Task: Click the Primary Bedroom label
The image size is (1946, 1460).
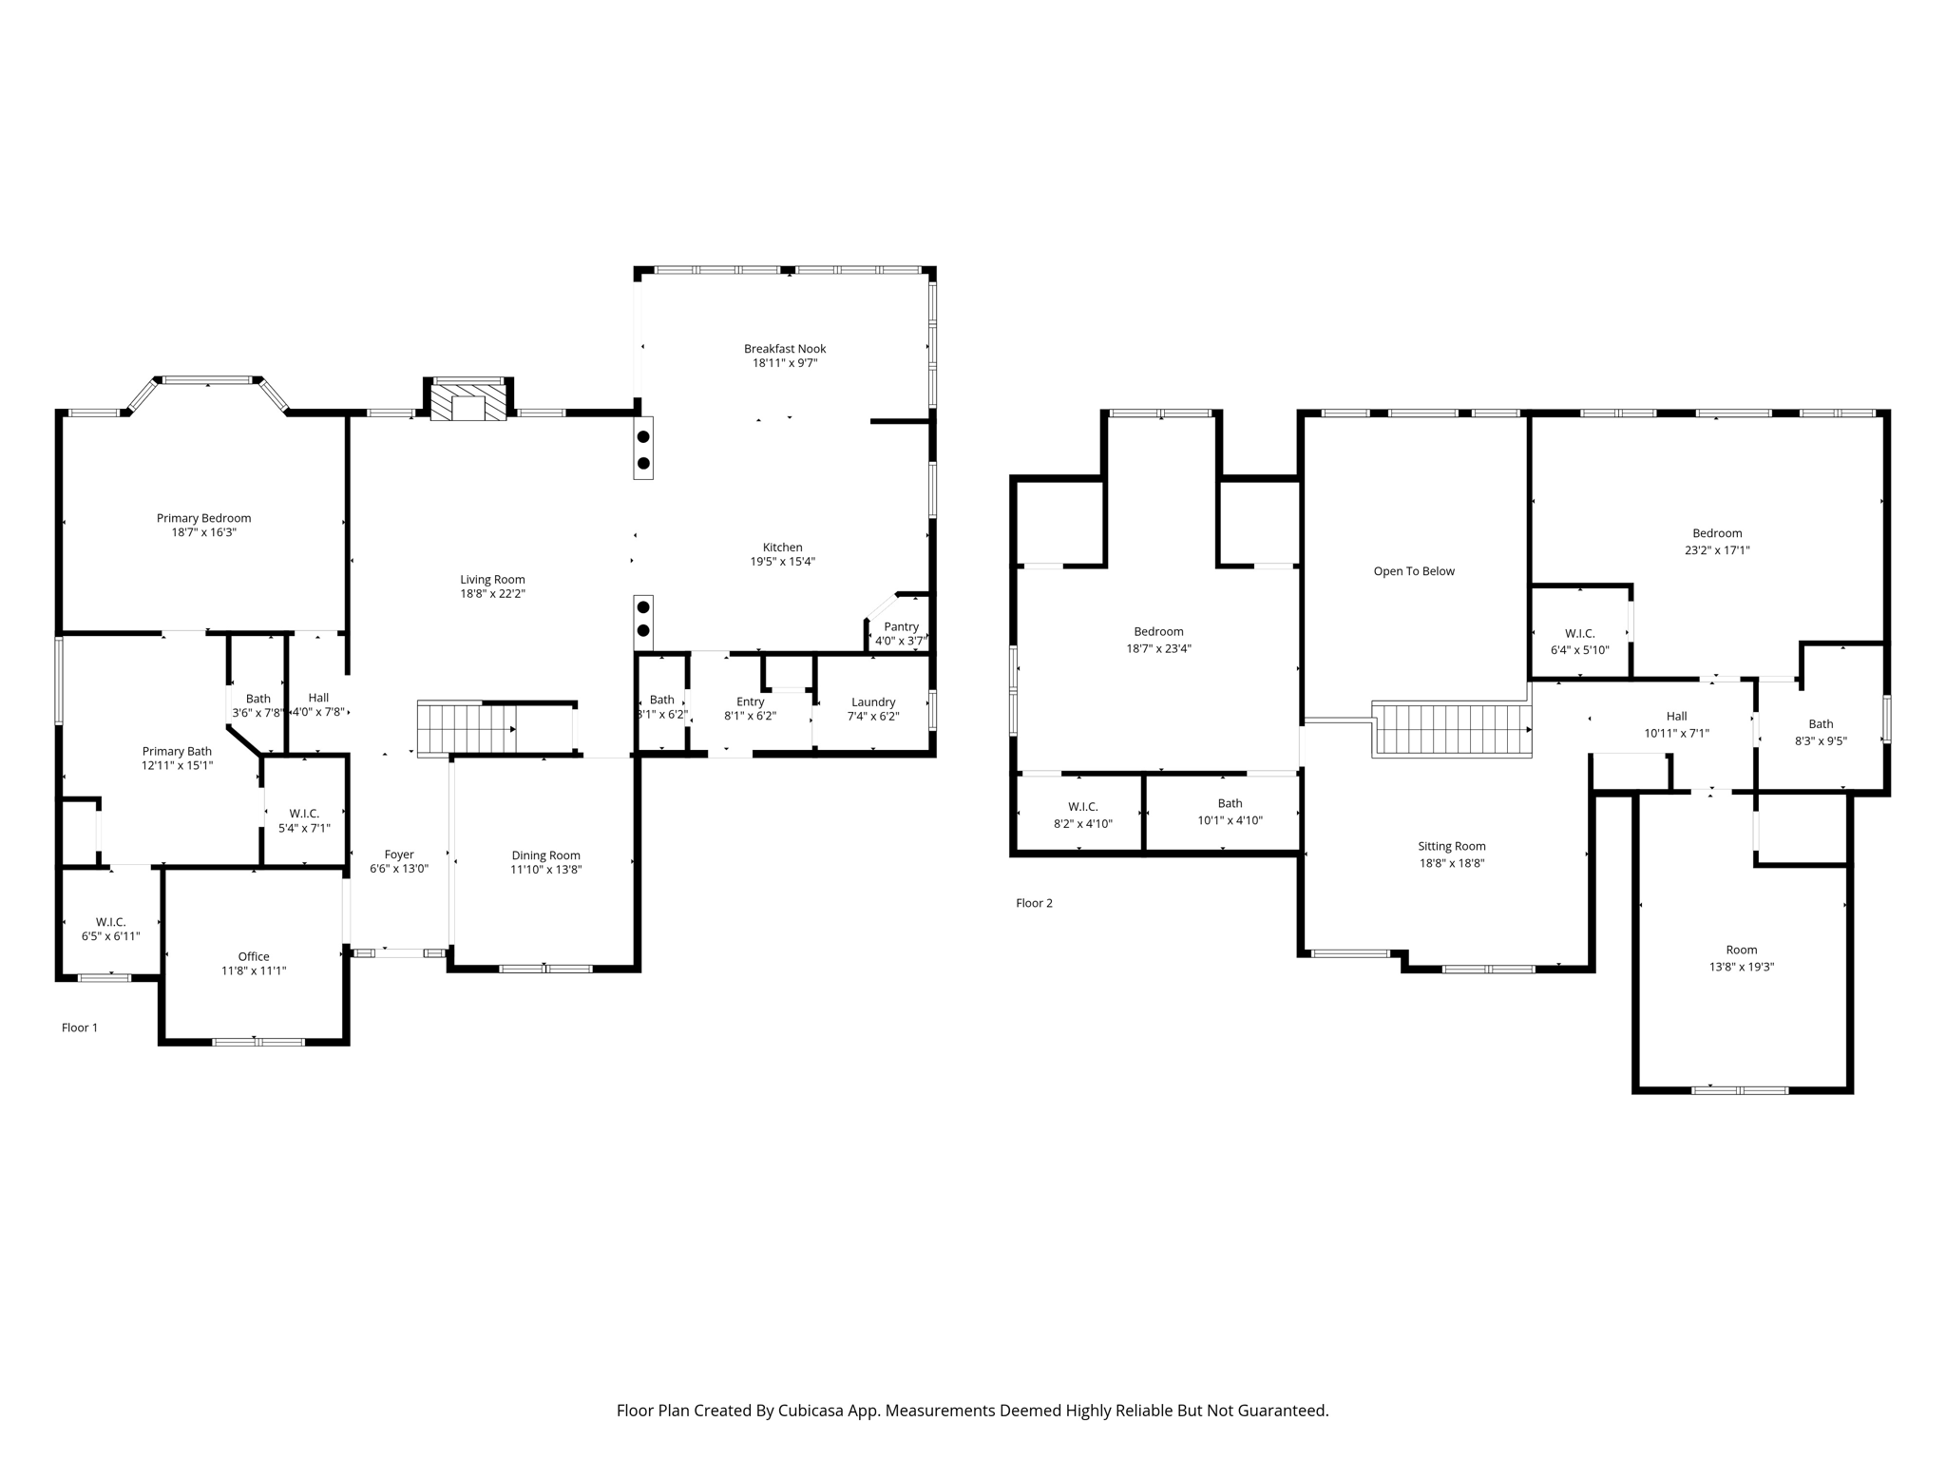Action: (203, 518)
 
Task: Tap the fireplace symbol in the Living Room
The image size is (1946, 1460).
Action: (467, 402)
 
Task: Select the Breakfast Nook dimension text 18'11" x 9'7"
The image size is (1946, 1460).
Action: (785, 363)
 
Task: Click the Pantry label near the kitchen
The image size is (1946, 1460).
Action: (901, 626)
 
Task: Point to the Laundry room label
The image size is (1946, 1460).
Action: (873, 702)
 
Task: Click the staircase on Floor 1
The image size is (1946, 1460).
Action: (466, 729)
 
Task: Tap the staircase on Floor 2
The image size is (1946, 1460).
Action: (1451, 730)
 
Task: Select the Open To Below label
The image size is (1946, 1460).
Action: (1414, 571)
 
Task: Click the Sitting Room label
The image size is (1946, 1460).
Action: (1451, 846)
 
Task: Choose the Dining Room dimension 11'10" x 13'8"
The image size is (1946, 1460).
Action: (545, 870)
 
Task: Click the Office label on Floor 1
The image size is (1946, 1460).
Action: (254, 956)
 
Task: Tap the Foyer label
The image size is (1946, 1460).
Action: (399, 855)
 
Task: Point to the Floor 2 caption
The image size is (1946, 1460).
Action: (1034, 903)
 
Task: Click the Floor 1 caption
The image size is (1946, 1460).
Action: (80, 1028)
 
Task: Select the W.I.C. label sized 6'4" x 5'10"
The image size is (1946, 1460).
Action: (1579, 633)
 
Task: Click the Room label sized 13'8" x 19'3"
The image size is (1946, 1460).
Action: (1741, 950)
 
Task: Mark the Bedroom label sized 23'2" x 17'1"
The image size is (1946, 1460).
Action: (1717, 533)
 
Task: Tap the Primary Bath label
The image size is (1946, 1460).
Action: (177, 751)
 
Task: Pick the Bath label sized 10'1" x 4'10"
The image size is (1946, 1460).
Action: (1230, 803)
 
